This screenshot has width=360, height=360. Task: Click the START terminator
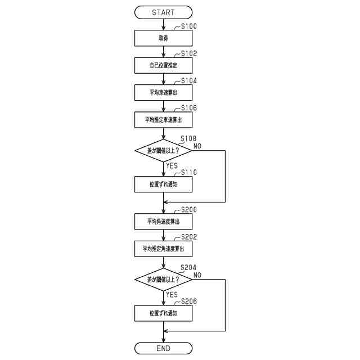pos(163,12)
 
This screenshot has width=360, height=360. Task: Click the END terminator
pos(163,349)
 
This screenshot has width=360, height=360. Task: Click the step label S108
pos(188,138)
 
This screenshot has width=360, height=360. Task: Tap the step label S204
pos(188,268)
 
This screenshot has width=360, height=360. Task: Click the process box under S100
pos(163,38)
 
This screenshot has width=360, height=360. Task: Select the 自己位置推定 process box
pos(163,65)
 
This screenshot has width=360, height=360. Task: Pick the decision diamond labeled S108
pos(163,151)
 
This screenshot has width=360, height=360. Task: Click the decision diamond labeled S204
pos(163,280)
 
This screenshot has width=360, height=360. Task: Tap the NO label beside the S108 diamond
pos(197,146)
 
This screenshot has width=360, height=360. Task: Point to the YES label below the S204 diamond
pos(172,295)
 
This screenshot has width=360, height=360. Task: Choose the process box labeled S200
pos(163,221)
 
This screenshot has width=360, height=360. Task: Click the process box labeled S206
pos(163,313)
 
